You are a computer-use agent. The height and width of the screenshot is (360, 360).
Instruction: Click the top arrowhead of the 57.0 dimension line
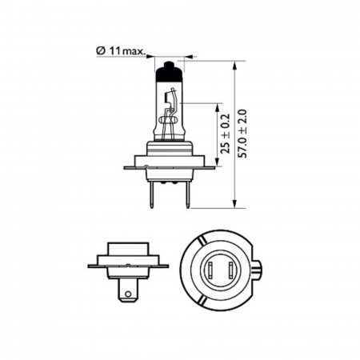click(234, 62)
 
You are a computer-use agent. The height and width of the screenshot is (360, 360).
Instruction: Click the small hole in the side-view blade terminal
click(127, 294)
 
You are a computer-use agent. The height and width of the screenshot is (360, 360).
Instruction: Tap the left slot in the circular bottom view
click(211, 271)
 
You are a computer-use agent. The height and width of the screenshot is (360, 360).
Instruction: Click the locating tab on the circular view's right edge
click(262, 268)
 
